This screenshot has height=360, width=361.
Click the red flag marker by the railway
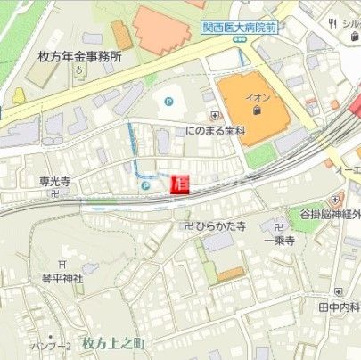point(179,184)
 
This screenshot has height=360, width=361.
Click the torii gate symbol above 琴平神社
point(62,264)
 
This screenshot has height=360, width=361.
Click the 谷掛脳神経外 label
point(331,215)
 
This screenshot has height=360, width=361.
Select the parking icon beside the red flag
point(145,185)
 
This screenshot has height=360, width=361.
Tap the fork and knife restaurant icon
point(332,22)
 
